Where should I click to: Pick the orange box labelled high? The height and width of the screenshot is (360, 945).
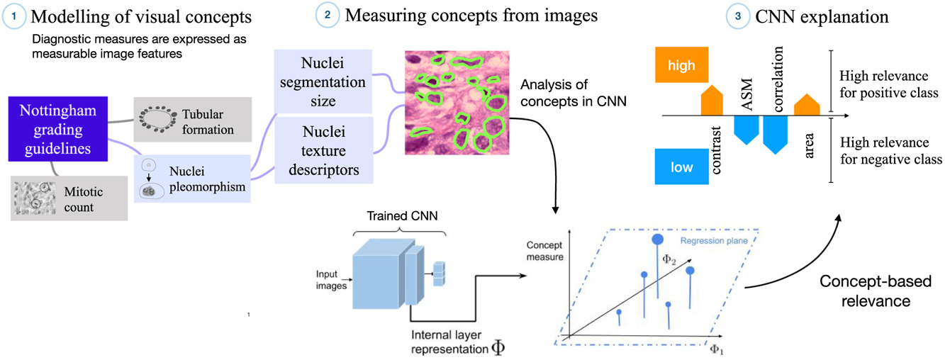click(681, 65)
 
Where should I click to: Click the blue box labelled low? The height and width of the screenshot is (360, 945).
click(681, 166)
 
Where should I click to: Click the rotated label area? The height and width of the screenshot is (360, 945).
click(810, 146)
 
